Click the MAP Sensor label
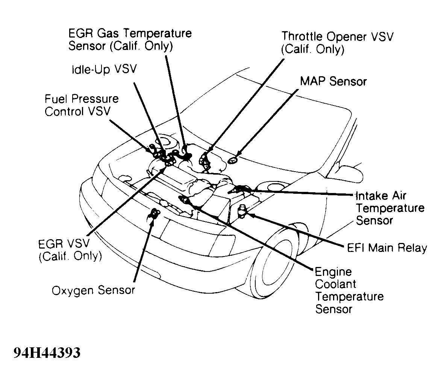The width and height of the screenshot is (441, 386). click(x=333, y=81)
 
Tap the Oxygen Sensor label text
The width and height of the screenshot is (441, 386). click(x=93, y=290)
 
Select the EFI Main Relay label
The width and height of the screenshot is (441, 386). click(x=386, y=248)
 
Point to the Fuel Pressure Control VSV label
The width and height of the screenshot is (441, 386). click(x=82, y=105)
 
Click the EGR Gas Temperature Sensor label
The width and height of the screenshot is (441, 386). click(x=130, y=39)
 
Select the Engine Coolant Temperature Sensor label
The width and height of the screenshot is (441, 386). click(x=349, y=290)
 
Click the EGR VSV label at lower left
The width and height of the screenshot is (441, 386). click(x=70, y=250)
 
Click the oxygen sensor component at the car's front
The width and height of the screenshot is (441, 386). click(x=154, y=214)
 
